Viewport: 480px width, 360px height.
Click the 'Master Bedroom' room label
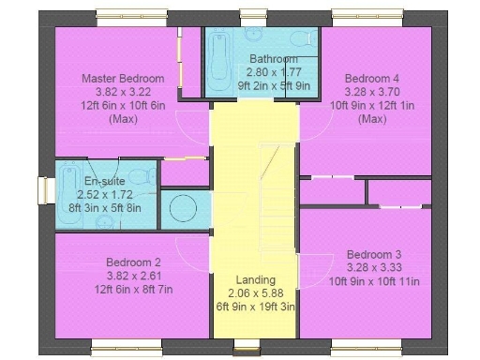tap(123, 78)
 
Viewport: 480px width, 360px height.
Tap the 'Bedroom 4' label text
tap(370, 78)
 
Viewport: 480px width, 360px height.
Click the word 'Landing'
tap(256, 279)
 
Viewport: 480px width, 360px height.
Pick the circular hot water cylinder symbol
tap(184, 207)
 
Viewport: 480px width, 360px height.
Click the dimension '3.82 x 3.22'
tap(123, 92)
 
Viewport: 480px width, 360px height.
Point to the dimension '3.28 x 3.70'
tap(370, 92)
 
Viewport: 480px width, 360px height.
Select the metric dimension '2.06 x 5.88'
tap(256, 292)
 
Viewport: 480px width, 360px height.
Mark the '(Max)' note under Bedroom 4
tap(370, 119)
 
